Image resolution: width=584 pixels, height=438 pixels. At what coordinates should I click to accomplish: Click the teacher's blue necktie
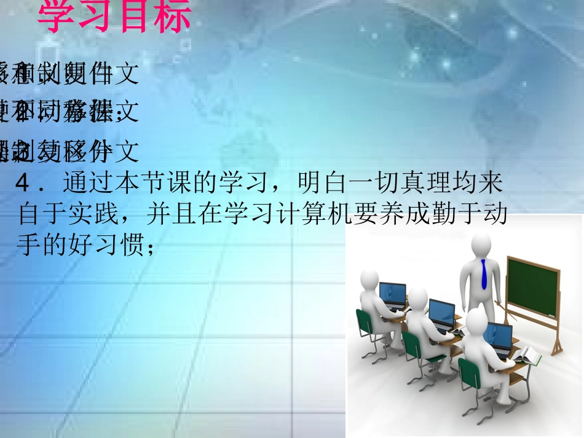coord(484,274)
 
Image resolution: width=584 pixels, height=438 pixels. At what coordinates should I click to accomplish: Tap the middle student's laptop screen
coord(441,313)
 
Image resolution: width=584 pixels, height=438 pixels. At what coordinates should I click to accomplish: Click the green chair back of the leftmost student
coord(364,322)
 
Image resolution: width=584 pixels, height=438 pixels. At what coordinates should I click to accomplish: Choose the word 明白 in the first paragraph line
coord(314,182)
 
